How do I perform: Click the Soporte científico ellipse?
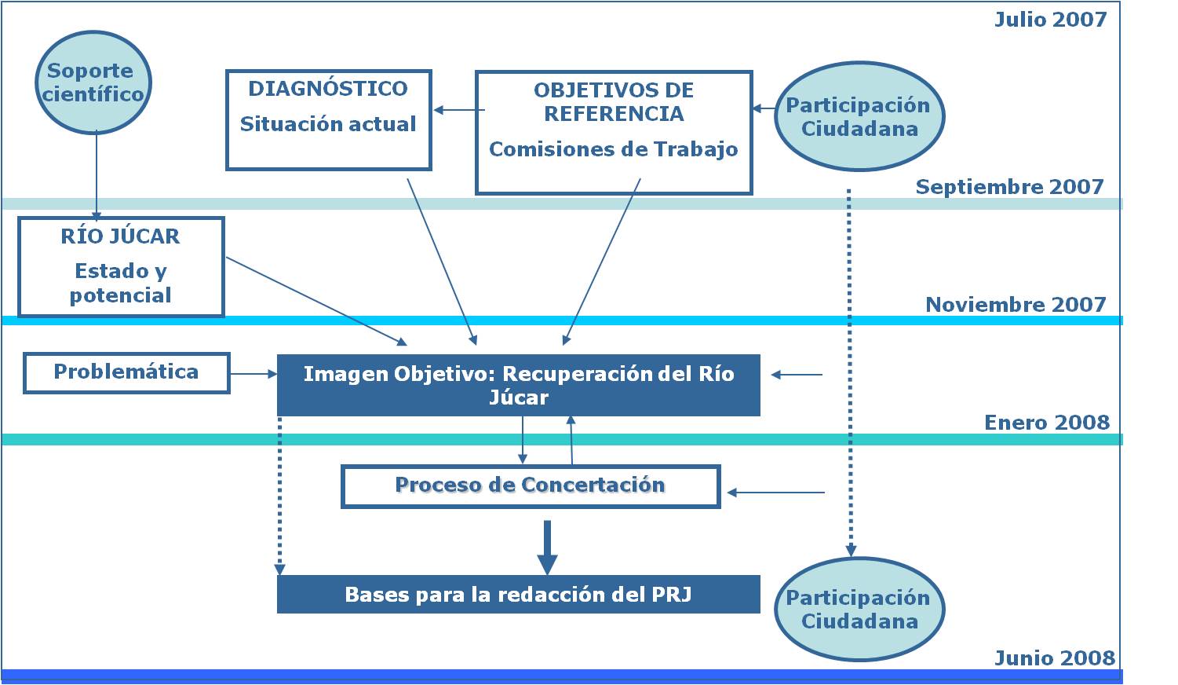click(x=93, y=82)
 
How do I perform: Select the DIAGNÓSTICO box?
click(x=328, y=120)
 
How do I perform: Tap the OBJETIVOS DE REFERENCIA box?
click(x=614, y=132)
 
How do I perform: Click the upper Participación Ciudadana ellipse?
click(x=859, y=117)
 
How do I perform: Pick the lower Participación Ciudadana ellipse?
click(x=859, y=610)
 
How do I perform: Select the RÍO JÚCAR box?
click(x=121, y=267)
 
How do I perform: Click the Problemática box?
click(x=126, y=372)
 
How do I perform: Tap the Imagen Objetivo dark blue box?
click(x=518, y=385)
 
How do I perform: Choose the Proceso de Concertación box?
click(x=531, y=486)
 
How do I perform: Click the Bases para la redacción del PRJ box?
click(x=518, y=594)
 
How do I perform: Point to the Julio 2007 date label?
click(x=1050, y=20)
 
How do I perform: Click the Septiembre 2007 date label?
click(x=1009, y=187)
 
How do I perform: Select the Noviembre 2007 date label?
click(x=1016, y=305)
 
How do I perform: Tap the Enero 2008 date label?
click(x=1047, y=423)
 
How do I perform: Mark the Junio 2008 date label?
click(x=1054, y=658)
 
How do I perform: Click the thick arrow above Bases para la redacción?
click(x=547, y=547)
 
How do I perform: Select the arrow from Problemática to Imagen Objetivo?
click(x=253, y=375)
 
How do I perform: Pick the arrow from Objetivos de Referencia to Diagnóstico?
click(x=458, y=111)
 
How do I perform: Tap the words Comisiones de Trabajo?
click(x=614, y=149)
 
